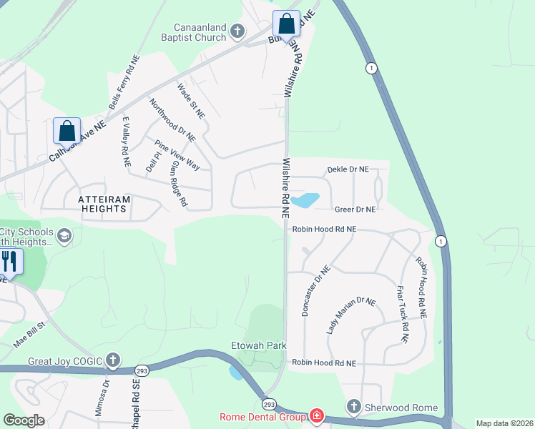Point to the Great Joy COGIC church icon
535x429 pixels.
(112, 360)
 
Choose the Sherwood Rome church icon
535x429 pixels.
(353, 408)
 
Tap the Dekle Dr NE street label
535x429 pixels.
(348, 169)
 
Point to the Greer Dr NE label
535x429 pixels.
(355, 209)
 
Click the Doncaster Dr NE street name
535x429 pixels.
(316, 291)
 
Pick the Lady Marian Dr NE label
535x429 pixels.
(350, 315)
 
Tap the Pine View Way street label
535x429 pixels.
(177, 154)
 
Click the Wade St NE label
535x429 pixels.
(191, 101)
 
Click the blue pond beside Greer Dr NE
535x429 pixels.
(304, 200)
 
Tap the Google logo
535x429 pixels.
(24, 420)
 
